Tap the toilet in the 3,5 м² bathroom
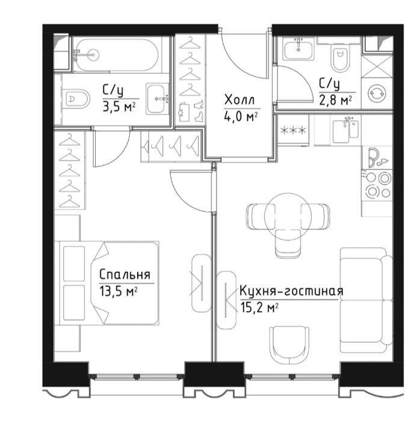pos(76,99)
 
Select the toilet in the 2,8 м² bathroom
pos(341,58)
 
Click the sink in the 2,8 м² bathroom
pos(298,49)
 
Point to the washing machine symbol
pos(377,93)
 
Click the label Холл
pos(239,100)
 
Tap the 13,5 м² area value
pos(119,291)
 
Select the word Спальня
pos(125,275)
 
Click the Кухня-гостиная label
pos(291,291)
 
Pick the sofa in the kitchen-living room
pos(366,300)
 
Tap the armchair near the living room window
pos(289,345)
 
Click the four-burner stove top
pos(377,185)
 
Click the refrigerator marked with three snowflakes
pos(293,131)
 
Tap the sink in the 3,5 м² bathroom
pos(158,99)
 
